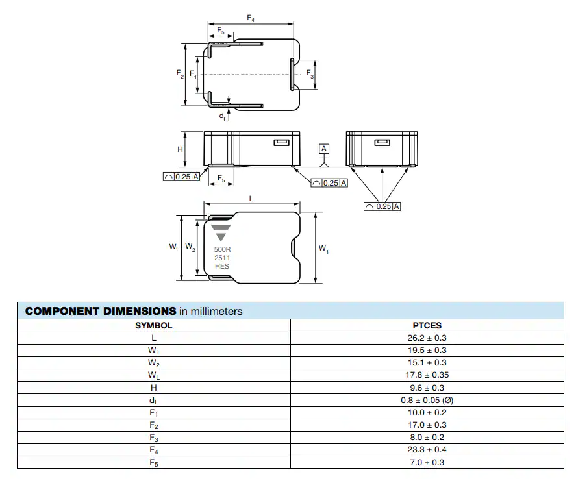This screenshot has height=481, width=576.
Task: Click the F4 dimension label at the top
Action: tap(251, 18)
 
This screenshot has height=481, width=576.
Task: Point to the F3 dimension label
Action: tap(310, 74)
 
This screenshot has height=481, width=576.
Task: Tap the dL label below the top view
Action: tap(223, 117)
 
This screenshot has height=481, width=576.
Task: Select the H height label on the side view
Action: tap(180, 149)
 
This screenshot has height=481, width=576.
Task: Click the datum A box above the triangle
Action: tap(323, 149)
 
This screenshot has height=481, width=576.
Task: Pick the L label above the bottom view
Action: tap(251, 199)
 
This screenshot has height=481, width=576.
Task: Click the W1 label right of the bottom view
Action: tap(323, 249)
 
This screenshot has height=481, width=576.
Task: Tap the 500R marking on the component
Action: tap(222, 249)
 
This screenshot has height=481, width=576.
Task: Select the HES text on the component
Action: tap(222, 266)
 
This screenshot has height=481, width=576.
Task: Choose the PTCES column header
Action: tap(427, 326)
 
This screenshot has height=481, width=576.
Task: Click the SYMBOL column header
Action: tap(153, 326)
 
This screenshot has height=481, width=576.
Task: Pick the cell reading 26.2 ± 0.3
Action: tap(427, 338)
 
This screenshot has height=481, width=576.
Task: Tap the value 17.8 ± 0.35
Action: tap(427, 375)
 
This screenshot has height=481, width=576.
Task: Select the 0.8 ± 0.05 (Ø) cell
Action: tap(427, 400)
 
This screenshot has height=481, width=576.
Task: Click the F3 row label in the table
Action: tap(153, 438)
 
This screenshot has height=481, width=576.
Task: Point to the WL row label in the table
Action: tap(153, 375)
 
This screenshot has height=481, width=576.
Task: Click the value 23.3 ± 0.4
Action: tap(427, 449)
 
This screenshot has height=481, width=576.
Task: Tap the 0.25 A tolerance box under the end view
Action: tap(382, 206)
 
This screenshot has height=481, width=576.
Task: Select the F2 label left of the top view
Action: tap(180, 74)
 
